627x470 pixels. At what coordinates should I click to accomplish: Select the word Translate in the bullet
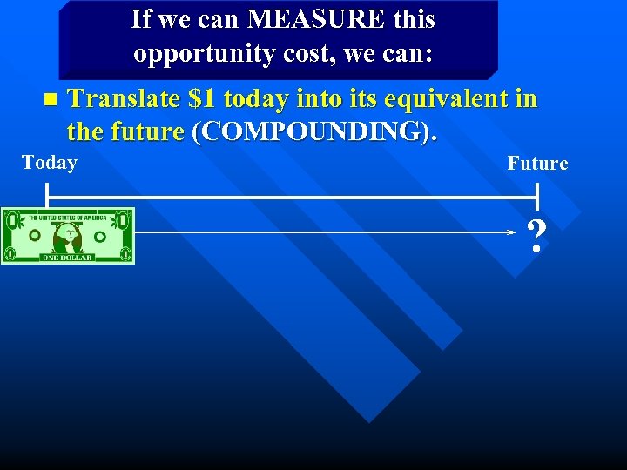[x=124, y=99]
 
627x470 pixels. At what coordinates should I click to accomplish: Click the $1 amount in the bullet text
[x=202, y=99]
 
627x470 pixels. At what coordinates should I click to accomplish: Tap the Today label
[x=50, y=163]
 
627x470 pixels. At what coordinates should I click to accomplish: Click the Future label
[x=537, y=164]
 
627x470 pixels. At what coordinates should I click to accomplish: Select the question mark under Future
[x=536, y=237]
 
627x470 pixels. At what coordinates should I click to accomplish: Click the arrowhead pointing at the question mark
[x=512, y=233]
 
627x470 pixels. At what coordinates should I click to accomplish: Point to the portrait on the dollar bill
[x=68, y=235]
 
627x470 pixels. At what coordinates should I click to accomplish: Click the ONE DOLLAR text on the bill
[x=67, y=258]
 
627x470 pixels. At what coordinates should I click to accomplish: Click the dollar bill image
[x=68, y=235]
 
